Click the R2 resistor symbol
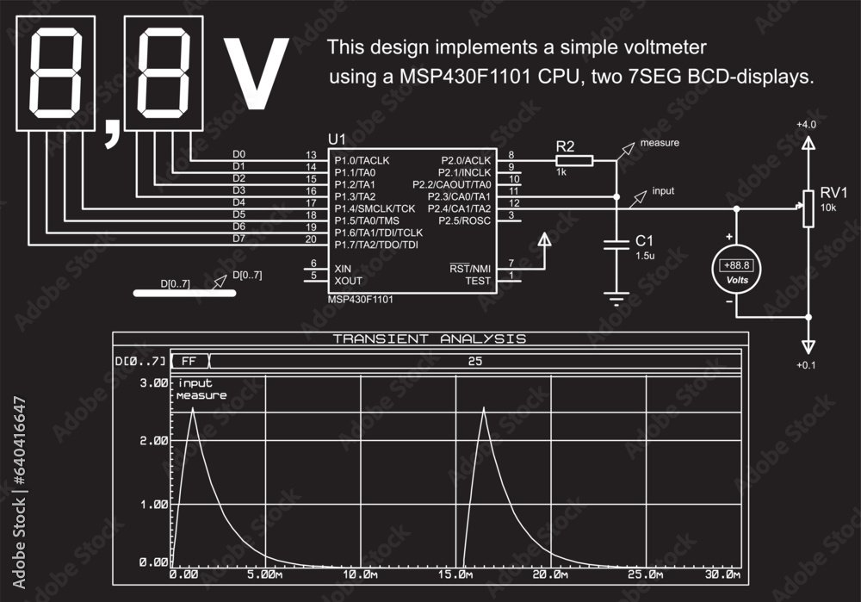pos(574,160)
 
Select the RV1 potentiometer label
pos(833,192)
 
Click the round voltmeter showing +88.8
pos(736,270)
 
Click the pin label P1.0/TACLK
pos(362,160)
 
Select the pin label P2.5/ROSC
pos(465,220)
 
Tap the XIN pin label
pos(343,269)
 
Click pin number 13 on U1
pos(311,154)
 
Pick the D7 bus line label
pos(239,238)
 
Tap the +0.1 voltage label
pos(806,366)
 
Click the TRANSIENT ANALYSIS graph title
pos(430,338)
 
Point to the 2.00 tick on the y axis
pos(153,440)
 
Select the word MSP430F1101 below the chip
pos(360,299)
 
